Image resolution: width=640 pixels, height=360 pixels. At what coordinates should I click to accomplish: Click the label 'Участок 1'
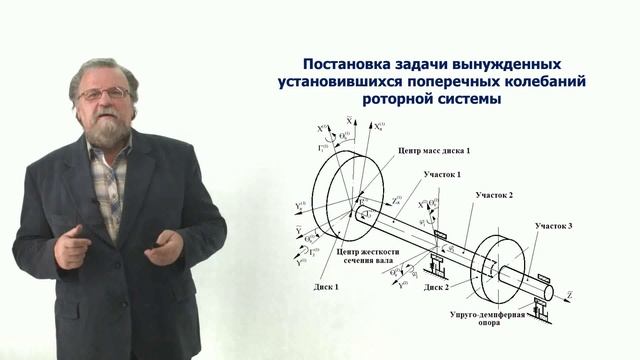coord(441,175)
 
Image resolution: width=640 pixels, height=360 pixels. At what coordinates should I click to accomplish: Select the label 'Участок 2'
coord(494,194)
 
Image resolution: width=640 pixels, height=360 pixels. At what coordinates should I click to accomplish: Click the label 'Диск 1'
coord(325,287)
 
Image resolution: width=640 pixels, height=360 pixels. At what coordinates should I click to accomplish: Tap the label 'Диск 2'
coord(436,287)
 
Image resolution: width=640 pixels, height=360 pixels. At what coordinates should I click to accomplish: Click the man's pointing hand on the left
coord(71,245)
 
